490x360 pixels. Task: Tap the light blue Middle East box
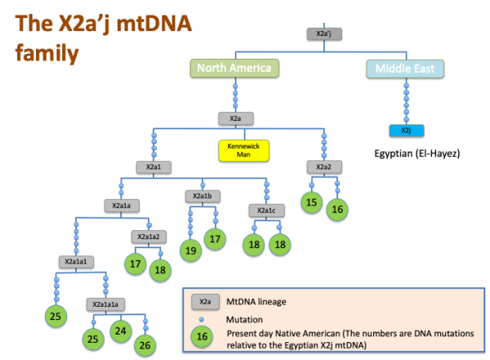[x=405, y=69]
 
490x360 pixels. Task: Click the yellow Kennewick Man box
[x=243, y=149]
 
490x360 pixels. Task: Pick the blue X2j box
[x=405, y=131]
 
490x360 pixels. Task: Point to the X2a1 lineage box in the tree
[x=154, y=167]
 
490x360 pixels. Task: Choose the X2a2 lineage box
[x=323, y=167]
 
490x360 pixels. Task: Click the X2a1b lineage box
[x=202, y=196]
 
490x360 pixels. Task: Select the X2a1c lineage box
[x=266, y=211]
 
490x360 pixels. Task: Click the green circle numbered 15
[x=310, y=201]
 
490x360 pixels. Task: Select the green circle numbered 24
[x=121, y=331]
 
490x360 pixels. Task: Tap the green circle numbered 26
[x=145, y=344]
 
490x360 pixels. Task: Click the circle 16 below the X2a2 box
[x=336, y=210]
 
